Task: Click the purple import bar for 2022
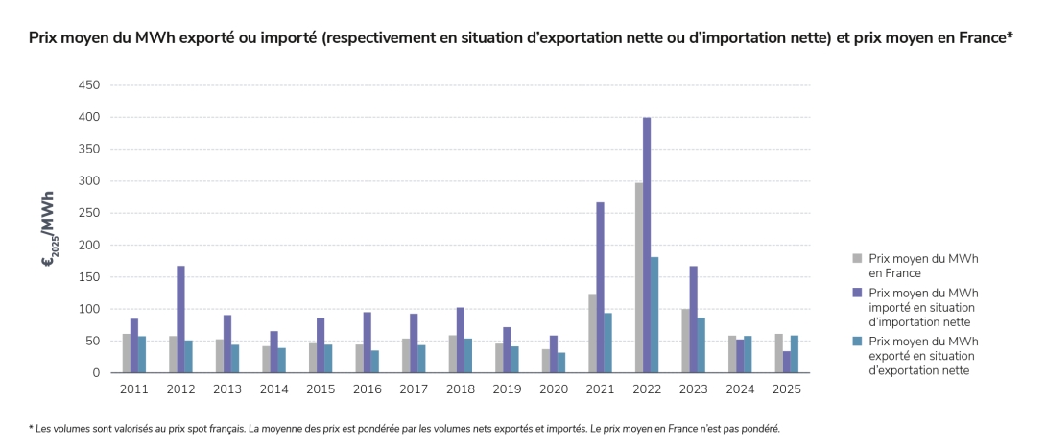(x=647, y=245)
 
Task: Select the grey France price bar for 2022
(x=638, y=278)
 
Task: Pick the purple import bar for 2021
(x=600, y=288)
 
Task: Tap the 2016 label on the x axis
(x=367, y=389)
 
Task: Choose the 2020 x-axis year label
(x=553, y=389)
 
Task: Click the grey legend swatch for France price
(x=857, y=258)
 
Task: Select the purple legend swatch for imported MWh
(x=857, y=292)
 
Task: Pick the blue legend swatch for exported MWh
(x=857, y=341)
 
